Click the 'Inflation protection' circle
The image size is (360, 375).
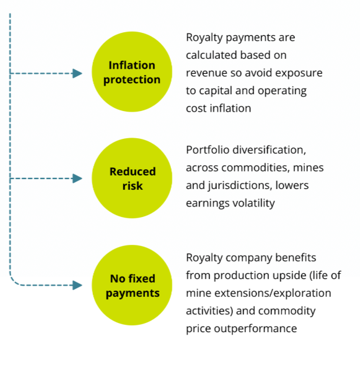click(132, 72)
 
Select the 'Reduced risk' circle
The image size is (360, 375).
click(132, 178)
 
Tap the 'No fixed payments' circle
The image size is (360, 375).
click(132, 285)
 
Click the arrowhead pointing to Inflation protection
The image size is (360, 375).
click(77, 73)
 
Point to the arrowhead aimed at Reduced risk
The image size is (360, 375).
click(77, 179)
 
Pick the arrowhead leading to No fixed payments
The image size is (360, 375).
click(77, 285)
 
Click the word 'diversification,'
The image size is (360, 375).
click(270, 150)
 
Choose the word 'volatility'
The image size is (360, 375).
click(253, 203)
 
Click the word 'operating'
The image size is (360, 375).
click(282, 91)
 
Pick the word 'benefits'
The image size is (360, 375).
click(296, 258)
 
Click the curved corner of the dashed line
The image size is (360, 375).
click(13, 282)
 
